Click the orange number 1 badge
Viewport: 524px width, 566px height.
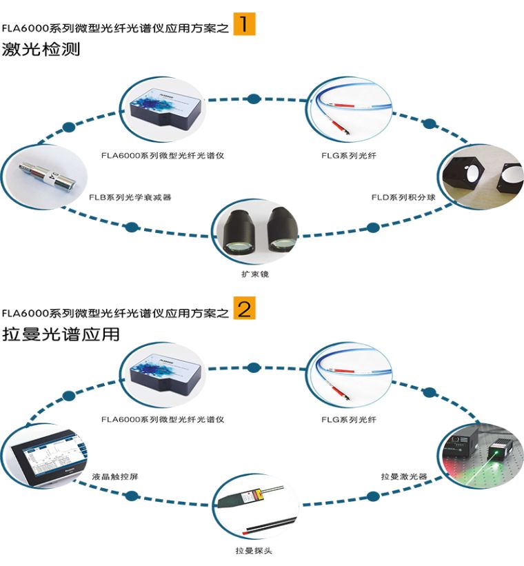(x=244, y=24)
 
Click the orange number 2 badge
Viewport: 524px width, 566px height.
(x=244, y=308)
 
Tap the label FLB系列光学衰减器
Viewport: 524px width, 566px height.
(x=130, y=197)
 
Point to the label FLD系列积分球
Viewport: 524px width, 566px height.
(x=403, y=197)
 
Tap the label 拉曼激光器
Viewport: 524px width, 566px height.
(x=404, y=476)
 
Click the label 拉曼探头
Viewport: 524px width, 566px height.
(x=255, y=550)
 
